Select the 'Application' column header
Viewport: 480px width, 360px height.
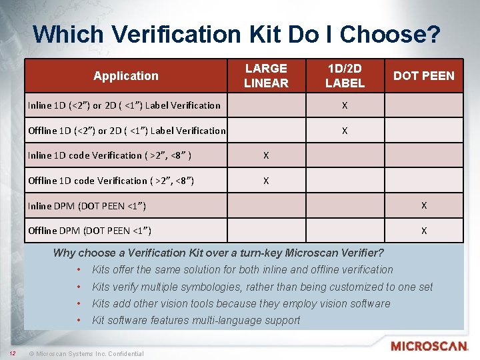(126, 76)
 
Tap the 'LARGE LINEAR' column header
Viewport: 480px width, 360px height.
(266, 76)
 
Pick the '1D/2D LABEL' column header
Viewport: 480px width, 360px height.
(345, 76)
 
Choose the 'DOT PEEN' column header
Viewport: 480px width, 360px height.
(423, 76)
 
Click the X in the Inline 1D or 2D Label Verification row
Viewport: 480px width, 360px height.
(345, 105)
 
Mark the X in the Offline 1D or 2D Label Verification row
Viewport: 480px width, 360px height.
(345, 131)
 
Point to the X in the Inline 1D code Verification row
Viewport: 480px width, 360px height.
(266, 155)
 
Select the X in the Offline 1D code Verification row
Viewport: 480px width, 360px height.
(266, 181)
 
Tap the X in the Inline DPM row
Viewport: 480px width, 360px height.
(424, 205)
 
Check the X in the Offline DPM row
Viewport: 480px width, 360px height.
(424, 231)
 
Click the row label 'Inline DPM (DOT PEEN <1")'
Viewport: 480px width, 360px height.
(87, 206)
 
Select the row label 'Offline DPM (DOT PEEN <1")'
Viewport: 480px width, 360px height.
(89, 231)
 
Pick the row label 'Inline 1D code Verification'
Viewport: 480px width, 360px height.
(110, 155)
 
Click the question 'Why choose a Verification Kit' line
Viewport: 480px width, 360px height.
(218, 253)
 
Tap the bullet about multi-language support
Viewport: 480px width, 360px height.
(196, 320)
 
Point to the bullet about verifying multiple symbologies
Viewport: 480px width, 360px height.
(262, 287)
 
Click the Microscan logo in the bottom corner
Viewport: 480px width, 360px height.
(429, 346)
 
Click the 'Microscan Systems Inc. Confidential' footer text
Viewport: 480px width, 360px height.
(90, 353)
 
